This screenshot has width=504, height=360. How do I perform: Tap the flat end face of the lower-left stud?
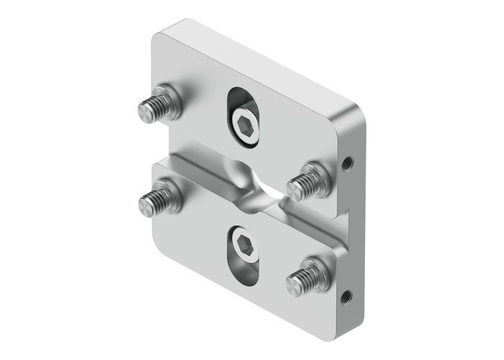point(145,207)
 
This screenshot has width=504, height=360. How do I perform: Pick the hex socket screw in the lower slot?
point(243,249)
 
